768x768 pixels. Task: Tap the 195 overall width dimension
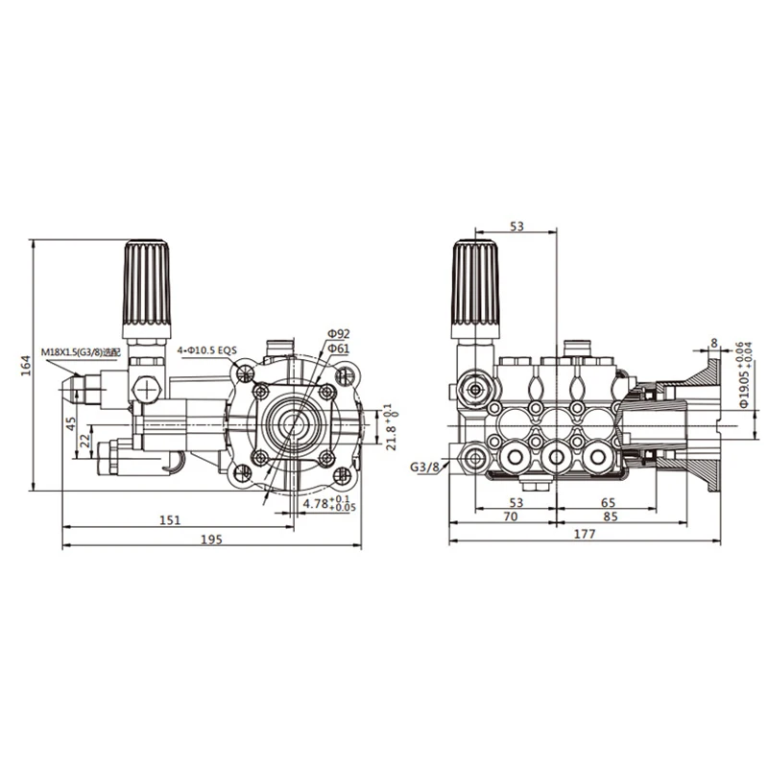click(212, 540)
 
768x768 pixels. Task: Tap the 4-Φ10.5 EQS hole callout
click(206, 351)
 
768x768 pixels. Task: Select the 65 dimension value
click(609, 502)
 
